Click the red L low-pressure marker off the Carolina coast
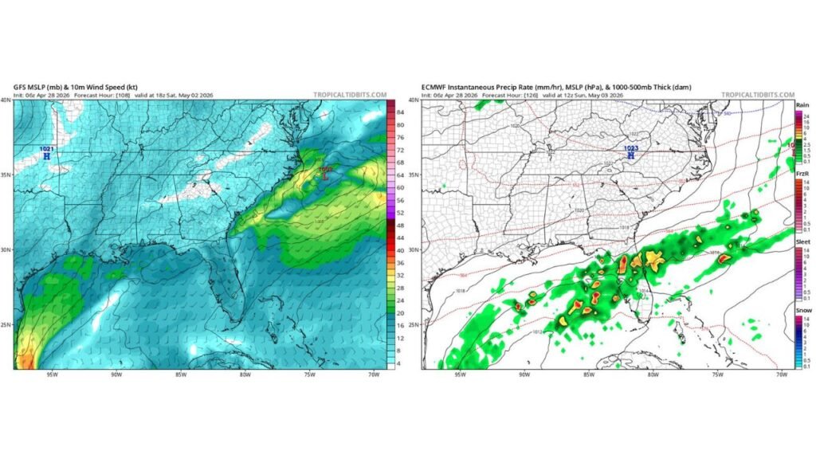click(324, 176)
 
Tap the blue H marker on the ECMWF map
click(630, 155)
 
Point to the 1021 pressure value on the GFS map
click(45, 149)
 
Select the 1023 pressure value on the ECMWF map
click(630, 147)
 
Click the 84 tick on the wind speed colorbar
click(402, 112)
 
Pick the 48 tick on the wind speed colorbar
click(402, 226)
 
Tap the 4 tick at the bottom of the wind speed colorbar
click(401, 363)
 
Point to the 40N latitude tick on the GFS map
click(6, 100)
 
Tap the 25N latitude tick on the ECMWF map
click(414, 325)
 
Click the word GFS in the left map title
click(20, 86)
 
